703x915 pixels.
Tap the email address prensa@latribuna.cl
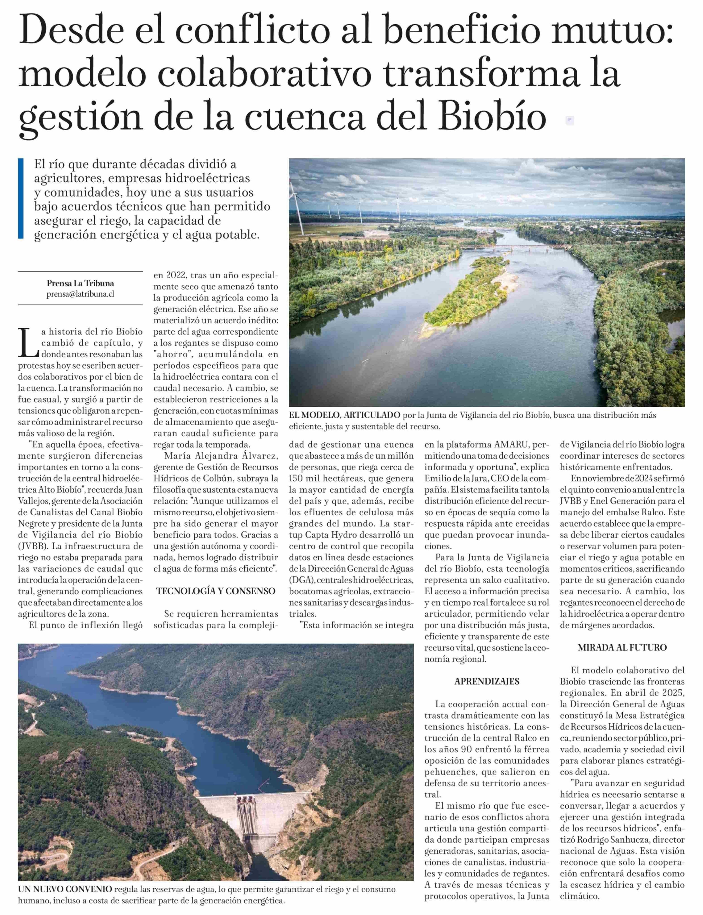pos(80,294)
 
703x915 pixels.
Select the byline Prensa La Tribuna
pos(80,283)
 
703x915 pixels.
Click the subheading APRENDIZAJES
pos(487,681)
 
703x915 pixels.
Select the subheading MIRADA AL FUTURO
pos(622,647)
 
